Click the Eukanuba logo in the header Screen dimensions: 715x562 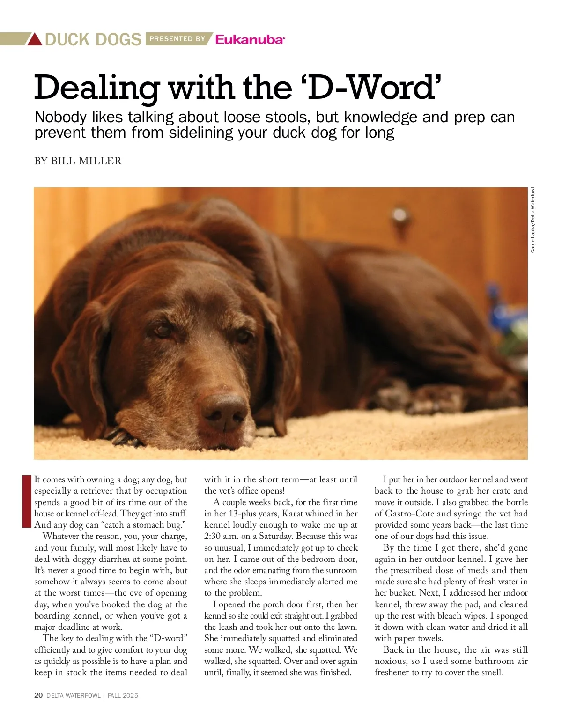click(250, 39)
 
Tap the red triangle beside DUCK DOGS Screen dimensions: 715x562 click(35, 39)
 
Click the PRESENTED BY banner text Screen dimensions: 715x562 click(177, 39)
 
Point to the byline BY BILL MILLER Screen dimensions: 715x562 click(78, 161)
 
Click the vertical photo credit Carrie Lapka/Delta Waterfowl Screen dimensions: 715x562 click(532, 220)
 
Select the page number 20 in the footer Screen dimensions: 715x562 click(38, 695)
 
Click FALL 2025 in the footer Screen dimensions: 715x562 click(123, 695)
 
